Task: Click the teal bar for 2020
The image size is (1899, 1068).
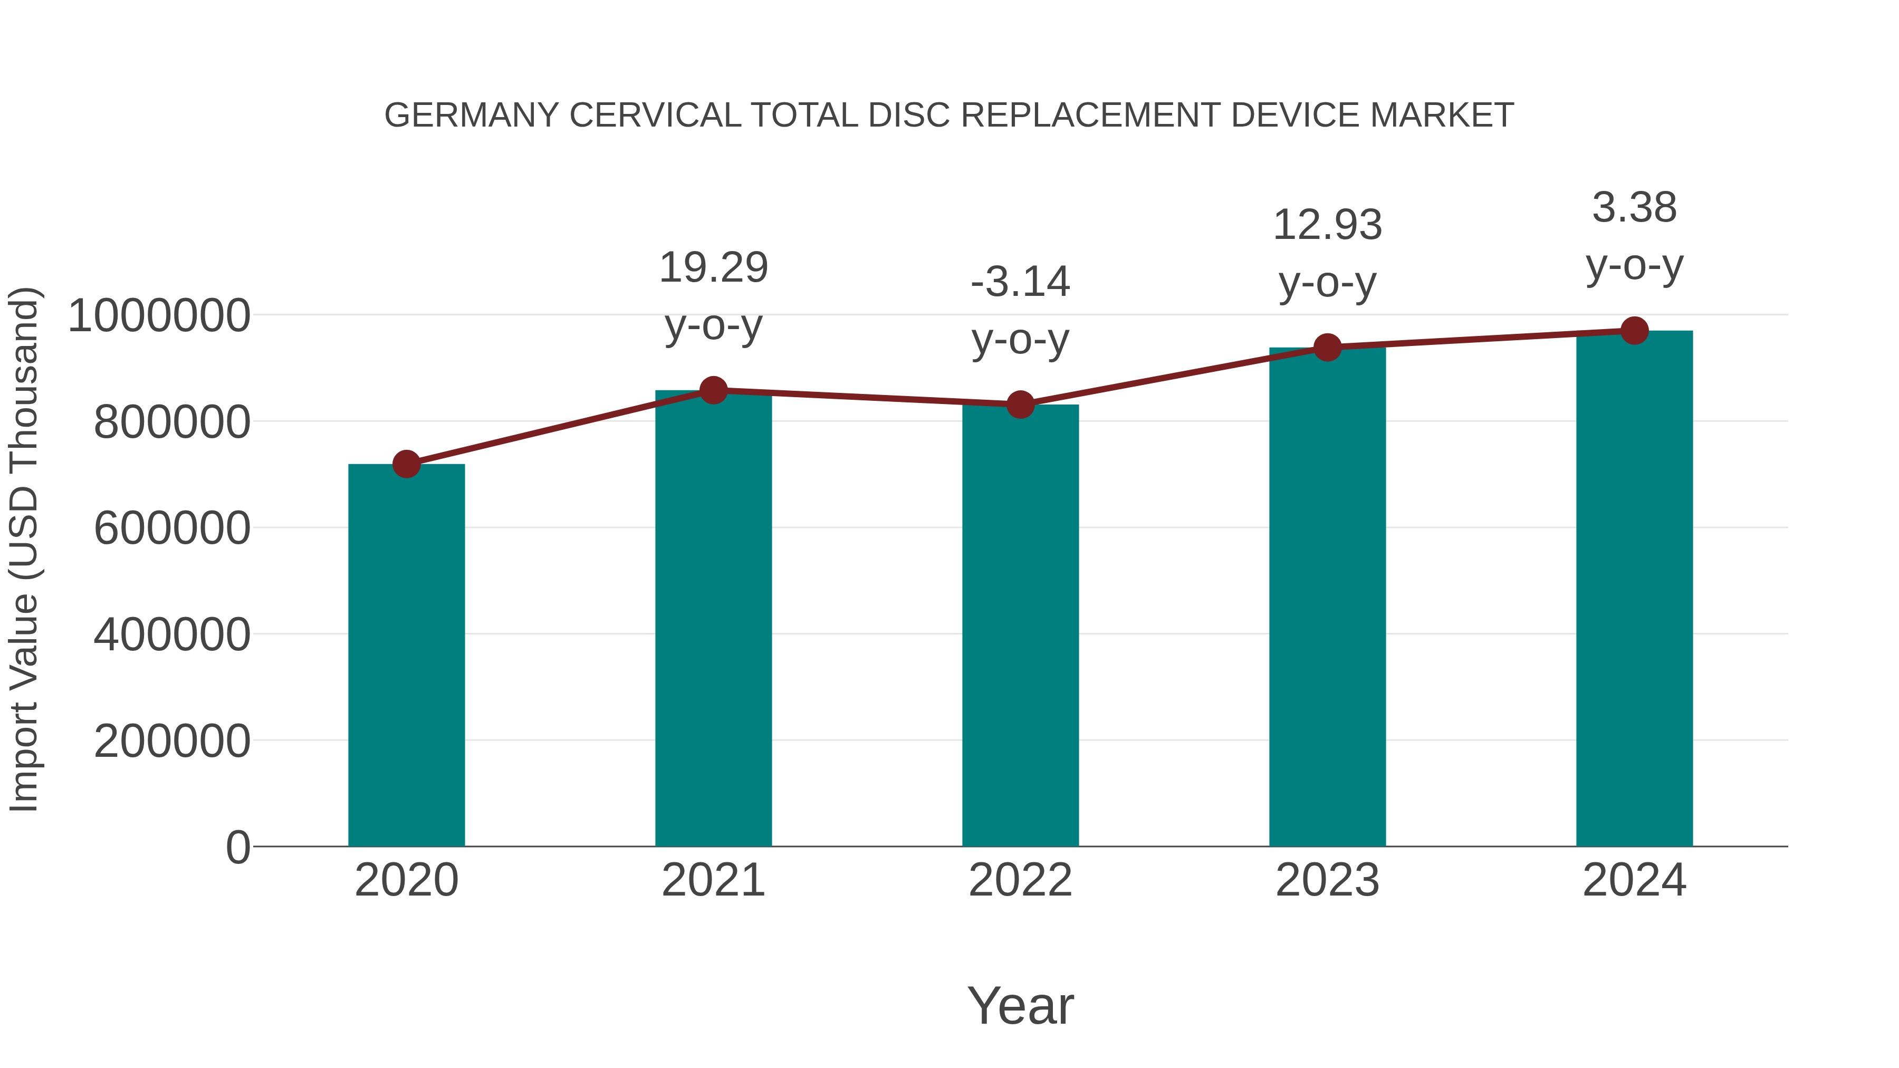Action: pyautogui.click(x=406, y=656)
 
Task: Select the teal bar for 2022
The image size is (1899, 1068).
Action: pyautogui.click(x=1020, y=627)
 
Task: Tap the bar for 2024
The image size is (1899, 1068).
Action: pyautogui.click(x=1634, y=590)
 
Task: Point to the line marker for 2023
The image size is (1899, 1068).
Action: pyautogui.click(x=1328, y=347)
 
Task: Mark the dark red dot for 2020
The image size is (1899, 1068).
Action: pyautogui.click(x=406, y=464)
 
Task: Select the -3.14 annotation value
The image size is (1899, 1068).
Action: pyautogui.click(x=1020, y=282)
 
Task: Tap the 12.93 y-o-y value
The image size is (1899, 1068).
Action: pyautogui.click(x=1328, y=225)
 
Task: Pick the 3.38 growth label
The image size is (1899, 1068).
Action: pyautogui.click(x=1634, y=208)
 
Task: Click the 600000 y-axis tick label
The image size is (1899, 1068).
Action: pyautogui.click(x=172, y=528)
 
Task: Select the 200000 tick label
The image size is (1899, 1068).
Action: pyautogui.click(x=172, y=741)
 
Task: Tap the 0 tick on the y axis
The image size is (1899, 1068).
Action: pyautogui.click(x=238, y=847)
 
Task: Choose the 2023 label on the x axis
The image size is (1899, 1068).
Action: pyautogui.click(x=1328, y=880)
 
